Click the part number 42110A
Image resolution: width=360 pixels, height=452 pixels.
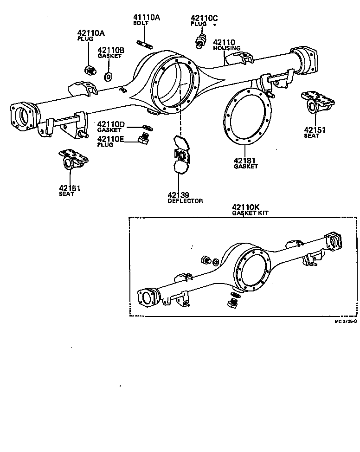coord(91,33)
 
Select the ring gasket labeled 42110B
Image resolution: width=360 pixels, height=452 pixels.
coord(108,76)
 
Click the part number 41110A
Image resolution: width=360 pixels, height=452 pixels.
coord(147,18)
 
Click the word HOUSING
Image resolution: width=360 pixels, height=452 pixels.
coord(227,48)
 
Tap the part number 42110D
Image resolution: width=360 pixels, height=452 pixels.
coord(111,124)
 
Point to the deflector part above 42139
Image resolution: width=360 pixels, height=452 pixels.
coord(180,155)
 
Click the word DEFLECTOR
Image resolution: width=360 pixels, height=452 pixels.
coord(185,201)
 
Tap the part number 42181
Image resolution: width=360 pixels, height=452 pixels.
coord(245,160)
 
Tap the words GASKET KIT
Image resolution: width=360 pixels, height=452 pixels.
coord(250,213)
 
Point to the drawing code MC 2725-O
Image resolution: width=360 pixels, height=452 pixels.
coord(346,321)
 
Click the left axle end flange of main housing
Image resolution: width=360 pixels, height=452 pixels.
coord(23,118)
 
